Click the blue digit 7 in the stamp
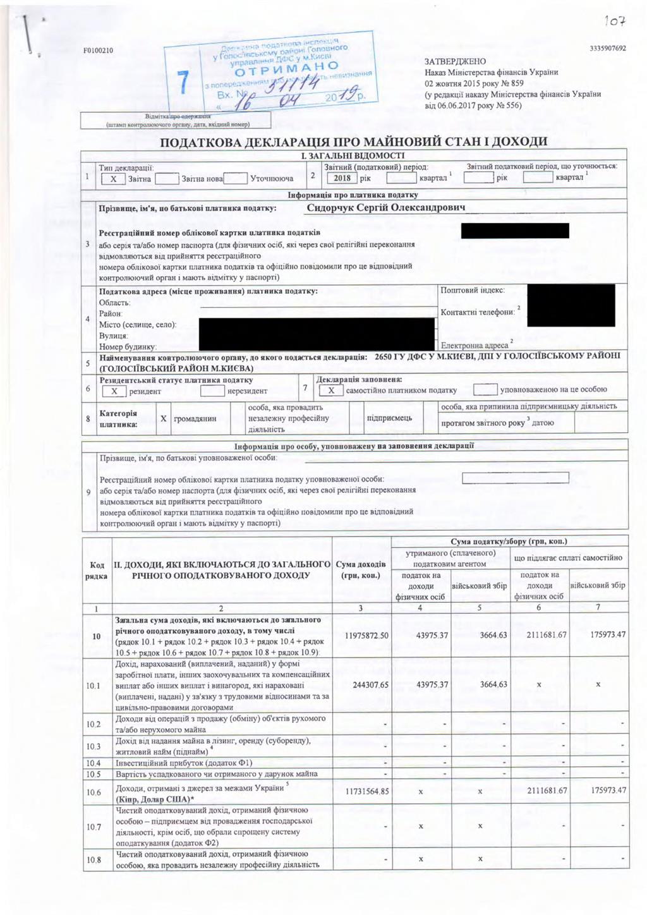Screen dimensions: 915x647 coord(183,84)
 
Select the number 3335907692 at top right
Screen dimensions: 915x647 coord(607,49)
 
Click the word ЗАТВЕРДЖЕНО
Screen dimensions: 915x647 coord(456,62)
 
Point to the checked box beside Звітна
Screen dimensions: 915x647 coord(113,179)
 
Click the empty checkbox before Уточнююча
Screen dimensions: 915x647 coord(234,178)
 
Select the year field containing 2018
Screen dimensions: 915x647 coord(342,178)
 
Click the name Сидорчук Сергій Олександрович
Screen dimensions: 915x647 coord(386,207)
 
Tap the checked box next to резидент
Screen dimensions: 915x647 coord(114,391)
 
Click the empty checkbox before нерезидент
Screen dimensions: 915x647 coord(212,391)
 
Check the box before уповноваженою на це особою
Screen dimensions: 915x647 coord(485,389)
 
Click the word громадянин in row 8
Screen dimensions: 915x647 coord(195,418)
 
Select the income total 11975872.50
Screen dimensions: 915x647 coord(367,635)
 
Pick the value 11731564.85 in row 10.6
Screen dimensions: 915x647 coord(367,791)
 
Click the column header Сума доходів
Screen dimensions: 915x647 coord(360,564)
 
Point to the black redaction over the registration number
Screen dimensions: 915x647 coord(515,231)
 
